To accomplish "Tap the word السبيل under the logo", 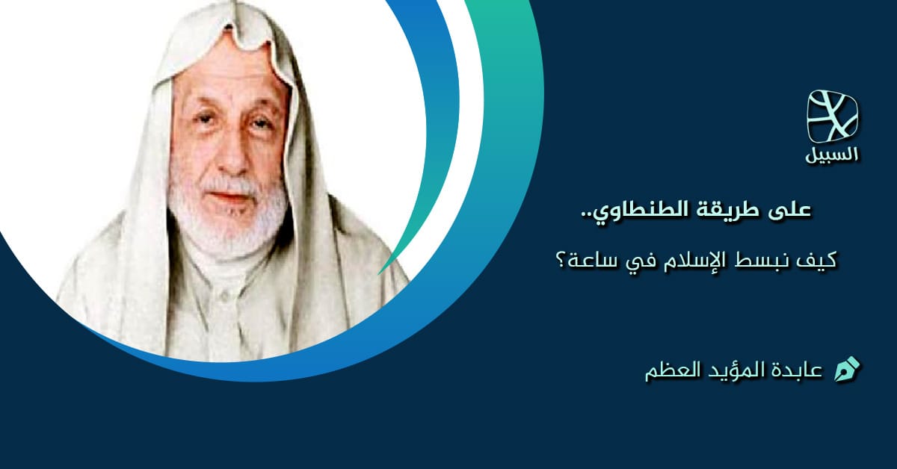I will click(x=833, y=156).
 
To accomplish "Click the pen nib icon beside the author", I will click(x=847, y=369).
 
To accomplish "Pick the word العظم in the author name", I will click(x=670, y=370).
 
